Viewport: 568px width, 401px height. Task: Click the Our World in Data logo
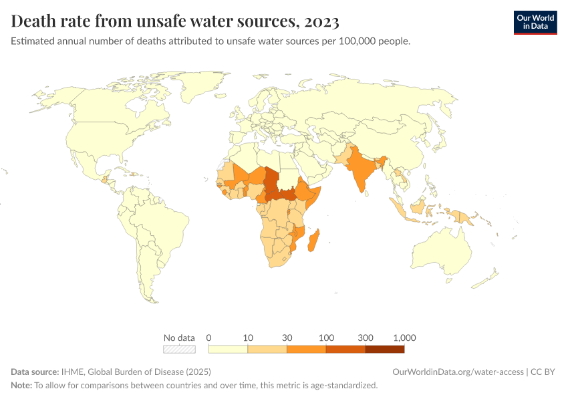point(535,22)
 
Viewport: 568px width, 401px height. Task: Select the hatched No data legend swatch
point(180,348)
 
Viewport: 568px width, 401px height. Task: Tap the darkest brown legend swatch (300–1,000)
point(385,348)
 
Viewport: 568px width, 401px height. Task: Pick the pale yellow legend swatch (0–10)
point(228,348)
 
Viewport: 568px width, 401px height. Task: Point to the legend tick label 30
point(287,337)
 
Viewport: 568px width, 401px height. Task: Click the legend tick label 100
point(326,337)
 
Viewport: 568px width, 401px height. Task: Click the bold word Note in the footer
point(21,385)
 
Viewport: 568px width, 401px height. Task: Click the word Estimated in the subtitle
point(33,41)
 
